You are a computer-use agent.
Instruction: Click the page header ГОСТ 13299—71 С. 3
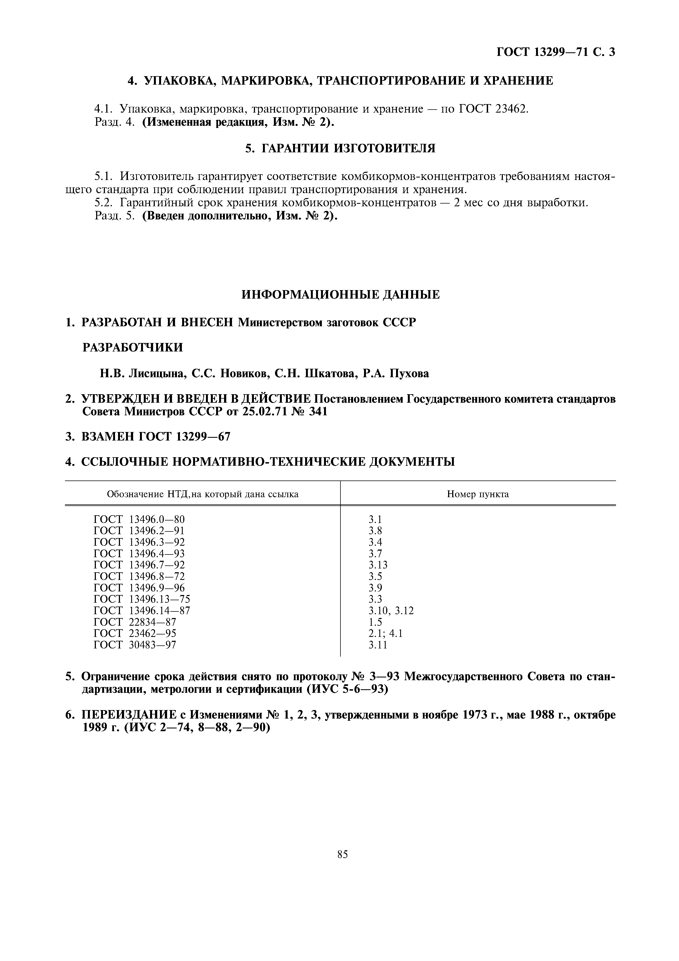tap(555, 52)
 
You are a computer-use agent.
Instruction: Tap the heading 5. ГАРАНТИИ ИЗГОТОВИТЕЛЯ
tap(340, 148)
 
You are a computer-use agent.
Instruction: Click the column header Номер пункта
tap(478, 494)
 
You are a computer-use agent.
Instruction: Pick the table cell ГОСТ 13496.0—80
tap(139, 519)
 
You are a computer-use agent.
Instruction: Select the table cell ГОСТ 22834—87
tap(135, 622)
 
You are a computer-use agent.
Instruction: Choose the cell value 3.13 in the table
tap(378, 565)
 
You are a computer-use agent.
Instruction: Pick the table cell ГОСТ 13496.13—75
tap(141, 599)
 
